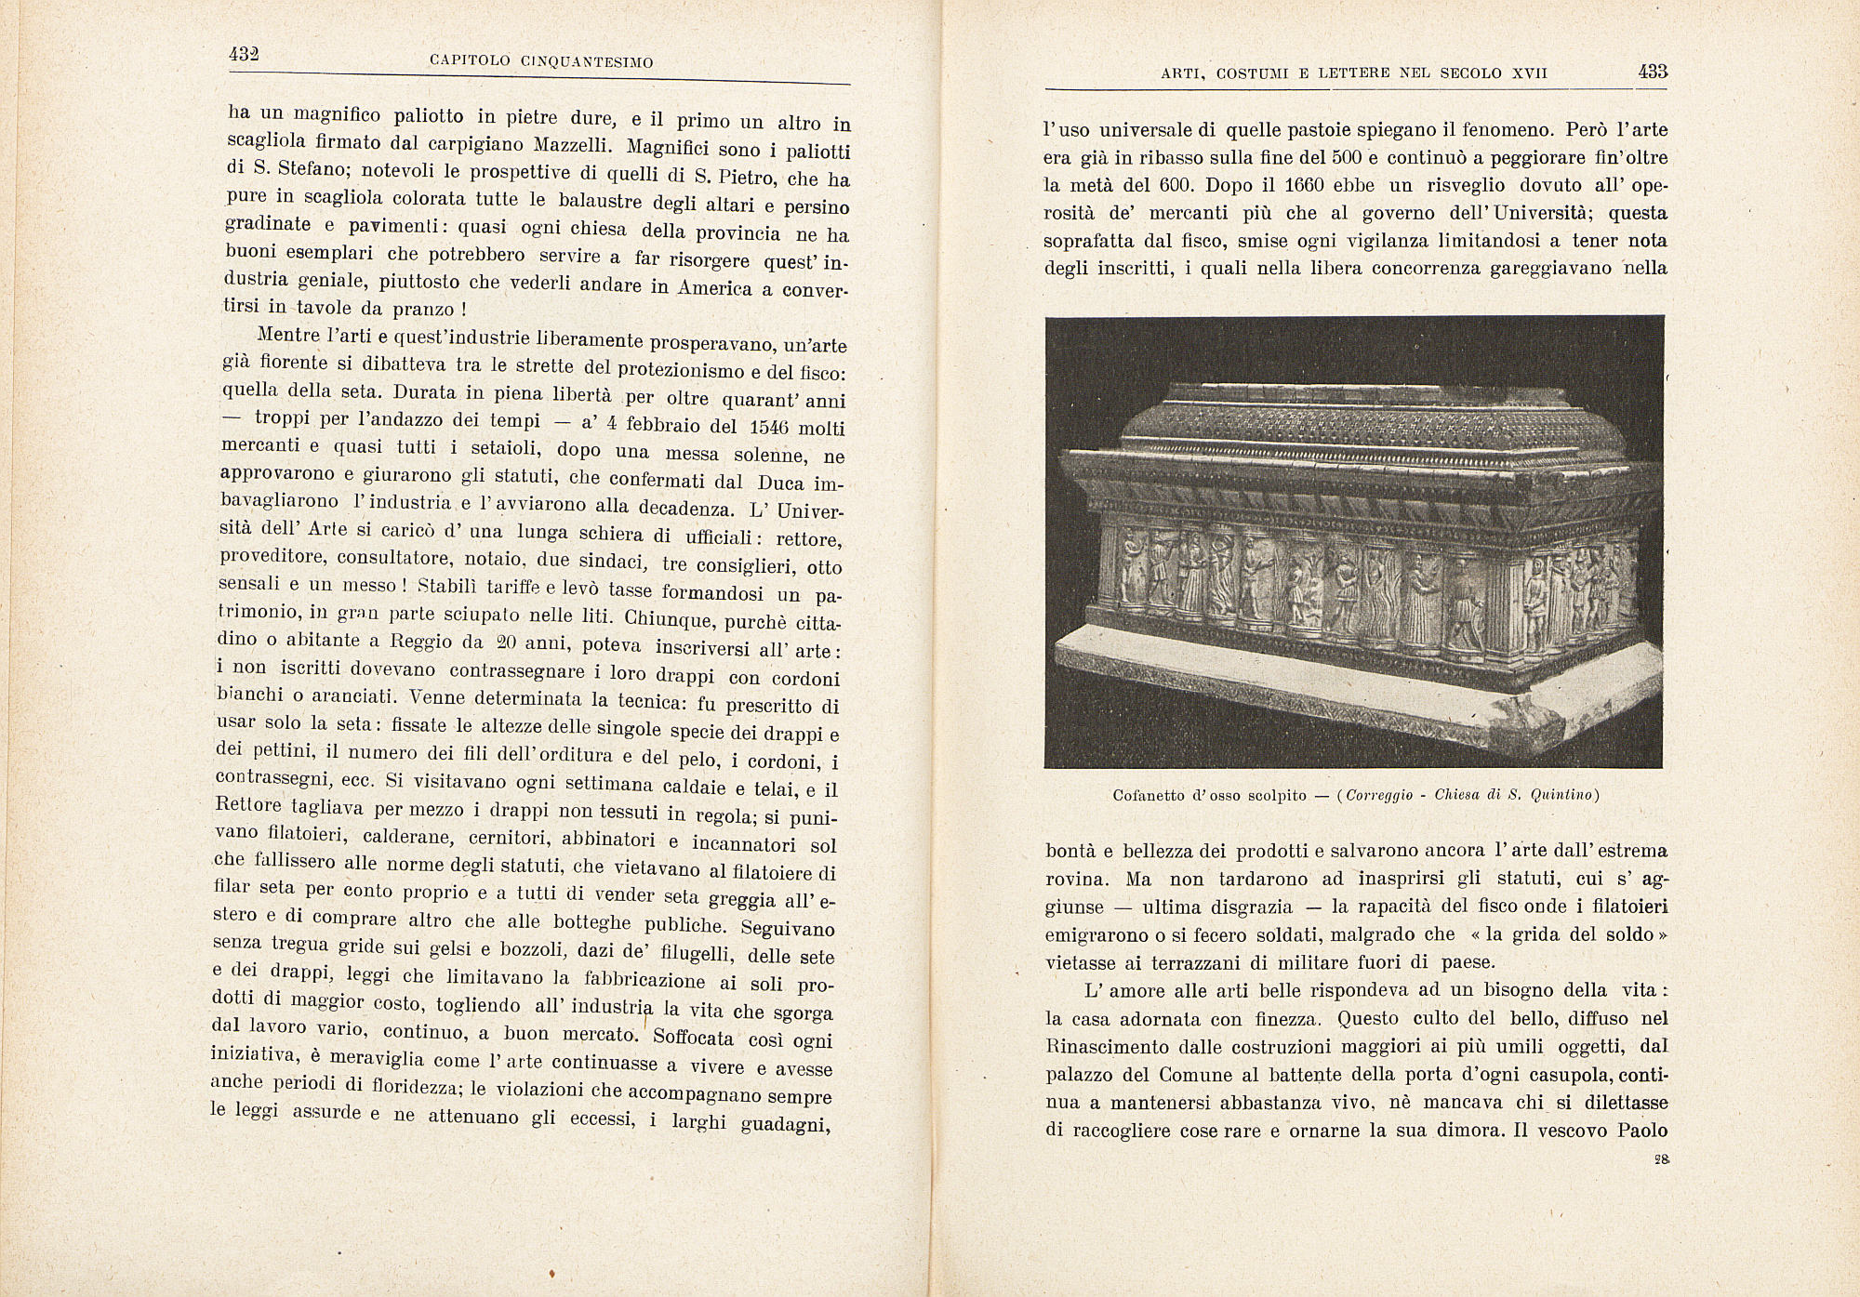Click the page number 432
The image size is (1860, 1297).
(x=243, y=54)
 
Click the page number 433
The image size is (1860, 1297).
(x=1653, y=72)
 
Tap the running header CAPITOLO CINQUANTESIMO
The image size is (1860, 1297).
(x=541, y=61)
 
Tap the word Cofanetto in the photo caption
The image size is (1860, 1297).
(x=1149, y=795)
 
